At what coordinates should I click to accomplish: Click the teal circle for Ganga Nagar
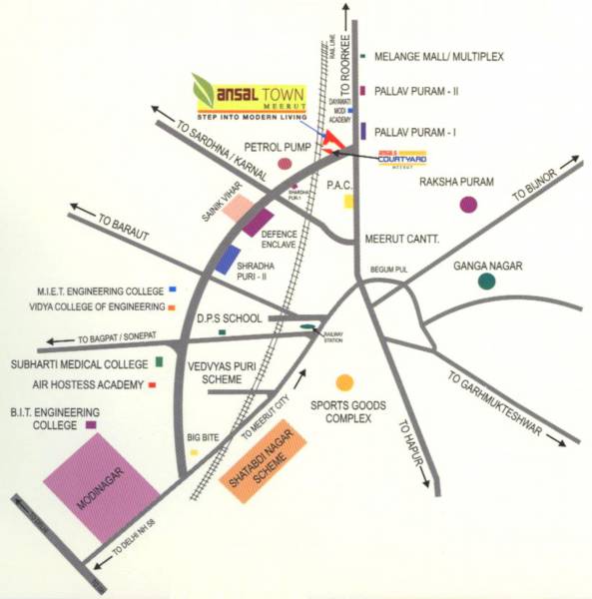486,282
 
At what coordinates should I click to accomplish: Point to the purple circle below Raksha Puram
468,205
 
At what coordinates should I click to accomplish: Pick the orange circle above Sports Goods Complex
344,382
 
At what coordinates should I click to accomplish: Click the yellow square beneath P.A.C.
348,202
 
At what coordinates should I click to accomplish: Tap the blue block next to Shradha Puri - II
226,258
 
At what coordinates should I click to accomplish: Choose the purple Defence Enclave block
258,223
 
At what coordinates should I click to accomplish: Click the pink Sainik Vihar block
238,207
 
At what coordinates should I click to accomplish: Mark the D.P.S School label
229,318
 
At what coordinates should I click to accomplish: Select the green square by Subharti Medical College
160,360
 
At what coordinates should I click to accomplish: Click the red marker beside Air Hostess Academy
152,383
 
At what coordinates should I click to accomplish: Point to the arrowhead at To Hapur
436,488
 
